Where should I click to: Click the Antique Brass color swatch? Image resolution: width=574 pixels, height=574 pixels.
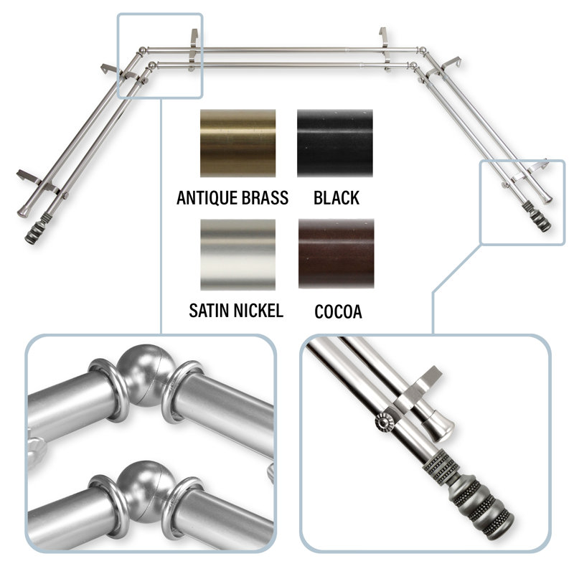click(x=237, y=143)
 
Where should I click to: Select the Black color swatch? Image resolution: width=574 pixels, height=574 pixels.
click(x=335, y=143)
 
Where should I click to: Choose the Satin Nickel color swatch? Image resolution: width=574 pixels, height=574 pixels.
click(x=237, y=255)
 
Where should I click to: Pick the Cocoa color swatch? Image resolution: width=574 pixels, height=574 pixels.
click(x=336, y=254)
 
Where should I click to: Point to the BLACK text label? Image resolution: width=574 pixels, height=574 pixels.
click(x=337, y=198)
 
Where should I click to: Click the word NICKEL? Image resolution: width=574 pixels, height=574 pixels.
click(x=258, y=311)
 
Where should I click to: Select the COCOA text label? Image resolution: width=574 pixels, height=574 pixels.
click(x=338, y=311)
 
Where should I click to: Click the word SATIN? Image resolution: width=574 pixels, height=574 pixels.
click(x=210, y=311)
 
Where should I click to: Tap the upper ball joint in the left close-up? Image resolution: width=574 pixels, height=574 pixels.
click(x=146, y=375)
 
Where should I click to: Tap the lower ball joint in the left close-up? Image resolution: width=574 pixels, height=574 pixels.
click(x=146, y=491)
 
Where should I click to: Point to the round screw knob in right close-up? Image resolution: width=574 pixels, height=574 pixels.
click(x=384, y=422)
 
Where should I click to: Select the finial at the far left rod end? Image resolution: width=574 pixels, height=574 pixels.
click(x=35, y=231)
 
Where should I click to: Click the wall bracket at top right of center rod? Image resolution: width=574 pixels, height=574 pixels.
click(x=385, y=47)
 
